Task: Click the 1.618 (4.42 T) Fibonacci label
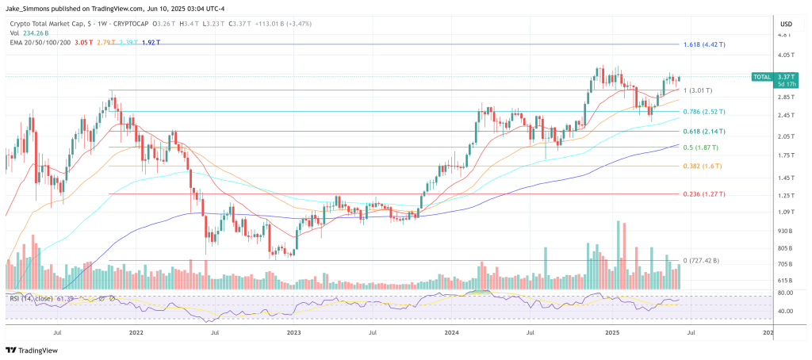pos(705,44)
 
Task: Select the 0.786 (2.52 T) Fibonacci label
pos(704,112)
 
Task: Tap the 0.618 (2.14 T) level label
pos(704,132)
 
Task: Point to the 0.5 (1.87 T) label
pos(701,147)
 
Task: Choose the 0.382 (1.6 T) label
pos(702,167)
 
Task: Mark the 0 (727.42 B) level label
pos(702,260)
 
